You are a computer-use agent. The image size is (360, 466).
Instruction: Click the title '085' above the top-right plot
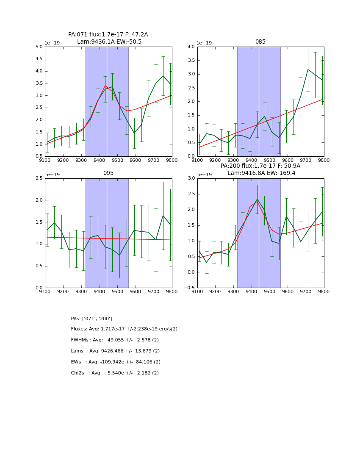[x=260, y=42]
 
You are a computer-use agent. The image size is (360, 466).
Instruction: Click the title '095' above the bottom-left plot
[x=108, y=173]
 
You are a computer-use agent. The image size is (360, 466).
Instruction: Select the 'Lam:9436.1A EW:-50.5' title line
[x=109, y=42]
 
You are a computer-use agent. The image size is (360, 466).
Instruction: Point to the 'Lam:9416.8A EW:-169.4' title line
[x=261, y=173]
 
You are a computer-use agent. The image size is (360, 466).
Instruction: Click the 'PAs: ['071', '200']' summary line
[x=91, y=319]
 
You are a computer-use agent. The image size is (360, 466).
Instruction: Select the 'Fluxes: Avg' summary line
[x=124, y=329]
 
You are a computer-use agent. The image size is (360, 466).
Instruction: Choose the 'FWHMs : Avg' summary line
[x=115, y=340]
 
